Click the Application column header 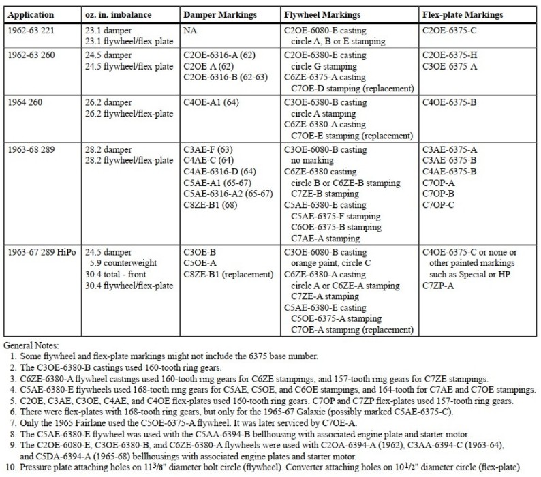click(32, 14)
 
